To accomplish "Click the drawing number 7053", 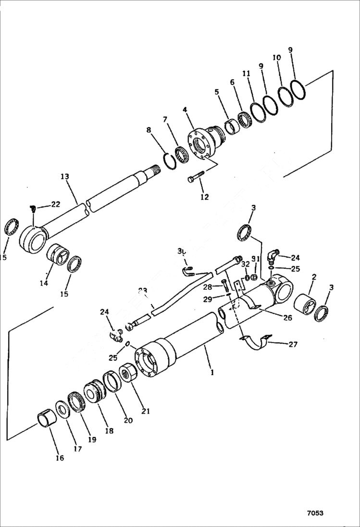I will [315, 513].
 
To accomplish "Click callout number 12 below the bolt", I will [205, 196].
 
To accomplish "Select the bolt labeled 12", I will [196, 176].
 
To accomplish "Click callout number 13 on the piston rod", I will [65, 177].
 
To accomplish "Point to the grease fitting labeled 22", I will [33, 208].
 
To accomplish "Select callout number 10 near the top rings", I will [277, 57].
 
